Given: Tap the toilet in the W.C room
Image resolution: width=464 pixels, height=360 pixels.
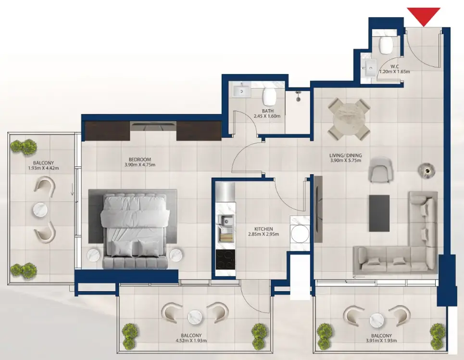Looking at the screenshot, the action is [x=386, y=45].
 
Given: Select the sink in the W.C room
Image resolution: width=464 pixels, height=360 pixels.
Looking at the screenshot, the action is [x=369, y=68].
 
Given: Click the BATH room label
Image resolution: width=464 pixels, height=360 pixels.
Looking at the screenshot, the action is [x=267, y=111].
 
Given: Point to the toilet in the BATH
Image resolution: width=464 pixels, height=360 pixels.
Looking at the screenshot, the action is [x=269, y=95].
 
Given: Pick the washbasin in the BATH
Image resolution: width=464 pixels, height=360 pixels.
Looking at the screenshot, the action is [x=241, y=90].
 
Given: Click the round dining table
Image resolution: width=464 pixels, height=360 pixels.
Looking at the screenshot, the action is [x=349, y=120].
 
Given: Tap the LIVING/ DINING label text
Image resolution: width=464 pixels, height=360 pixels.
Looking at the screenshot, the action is [x=346, y=155].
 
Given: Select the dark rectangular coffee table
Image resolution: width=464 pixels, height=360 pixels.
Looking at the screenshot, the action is [x=379, y=213].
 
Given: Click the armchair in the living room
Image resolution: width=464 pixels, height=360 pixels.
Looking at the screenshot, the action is [x=380, y=170].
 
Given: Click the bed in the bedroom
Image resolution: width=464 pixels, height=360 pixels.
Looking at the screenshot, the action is [x=135, y=230].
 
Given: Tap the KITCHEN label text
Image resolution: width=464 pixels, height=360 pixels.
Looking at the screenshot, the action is [x=263, y=229].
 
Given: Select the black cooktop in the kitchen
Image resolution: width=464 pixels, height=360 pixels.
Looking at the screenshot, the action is [x=226, y=259].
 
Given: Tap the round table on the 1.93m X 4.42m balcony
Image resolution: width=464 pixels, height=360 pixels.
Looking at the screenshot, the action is [x=40, y=210].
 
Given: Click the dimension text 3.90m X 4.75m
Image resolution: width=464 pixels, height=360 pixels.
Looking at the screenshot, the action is [x=140, y=165].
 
